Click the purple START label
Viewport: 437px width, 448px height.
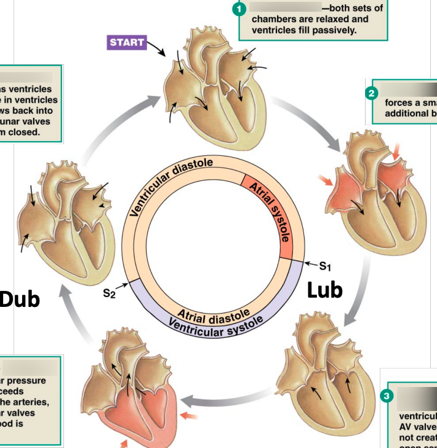(x=127, y=43)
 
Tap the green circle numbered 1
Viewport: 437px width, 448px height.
(x=239, y=9)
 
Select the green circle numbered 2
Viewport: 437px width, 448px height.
(x=371, y=94)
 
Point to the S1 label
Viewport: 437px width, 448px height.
(x=324, y=266)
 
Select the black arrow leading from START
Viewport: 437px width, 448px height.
(x=157, y=49)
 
